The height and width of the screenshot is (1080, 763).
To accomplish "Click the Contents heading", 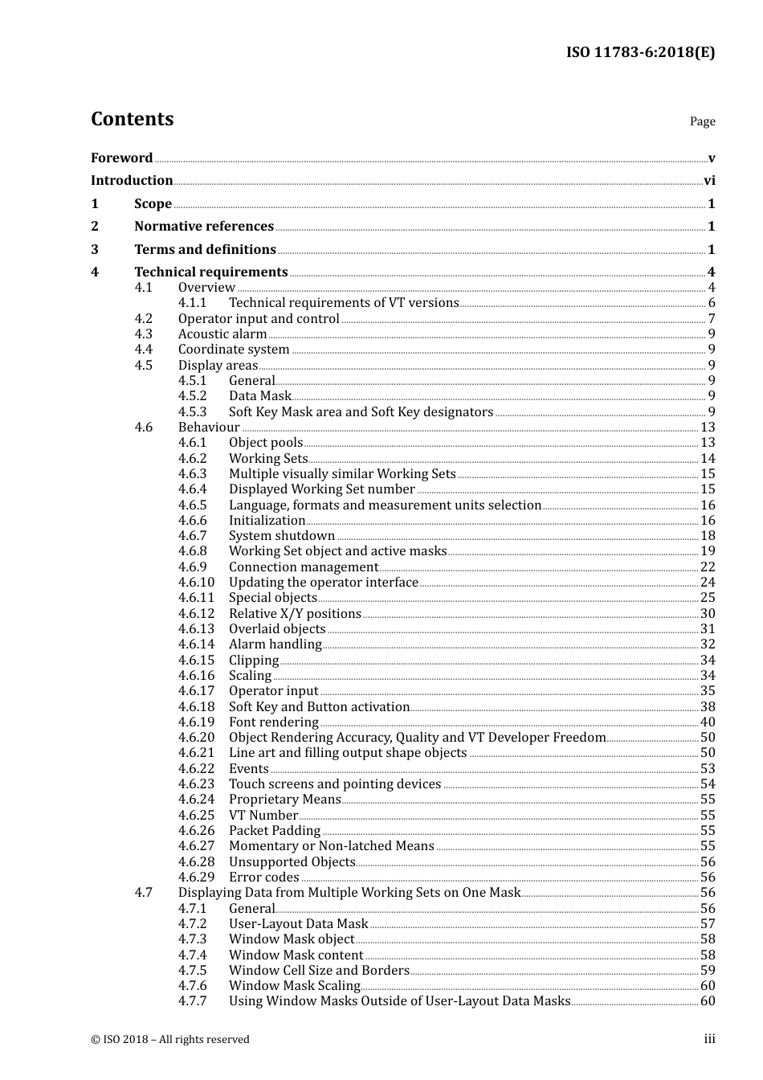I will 132,119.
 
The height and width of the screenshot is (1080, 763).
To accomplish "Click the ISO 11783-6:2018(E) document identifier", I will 640,52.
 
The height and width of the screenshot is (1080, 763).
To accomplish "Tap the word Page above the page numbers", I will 702,121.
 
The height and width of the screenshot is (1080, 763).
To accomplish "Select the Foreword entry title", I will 121,157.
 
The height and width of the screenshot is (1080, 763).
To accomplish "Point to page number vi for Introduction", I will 709,181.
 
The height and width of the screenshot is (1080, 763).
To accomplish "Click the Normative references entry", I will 204,227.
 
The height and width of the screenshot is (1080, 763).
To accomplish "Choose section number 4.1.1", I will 192,303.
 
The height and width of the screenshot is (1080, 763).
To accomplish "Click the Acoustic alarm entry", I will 222,334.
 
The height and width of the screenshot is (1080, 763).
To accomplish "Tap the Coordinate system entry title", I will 234,350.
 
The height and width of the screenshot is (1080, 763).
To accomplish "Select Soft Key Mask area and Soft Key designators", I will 361,412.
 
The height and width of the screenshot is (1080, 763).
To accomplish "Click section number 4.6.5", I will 192,505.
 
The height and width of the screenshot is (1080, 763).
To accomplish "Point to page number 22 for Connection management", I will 708,567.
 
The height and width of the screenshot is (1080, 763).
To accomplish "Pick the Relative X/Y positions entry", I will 295,614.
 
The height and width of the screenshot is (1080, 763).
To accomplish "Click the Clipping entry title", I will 254,661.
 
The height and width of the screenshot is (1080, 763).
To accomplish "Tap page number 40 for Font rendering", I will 708,722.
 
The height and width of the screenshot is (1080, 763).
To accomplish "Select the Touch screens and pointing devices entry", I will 335,784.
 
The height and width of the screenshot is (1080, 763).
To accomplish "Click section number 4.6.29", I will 196,877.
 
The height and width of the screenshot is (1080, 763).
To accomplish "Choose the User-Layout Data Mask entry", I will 298,924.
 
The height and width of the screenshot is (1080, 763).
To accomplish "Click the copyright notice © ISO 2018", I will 169,1040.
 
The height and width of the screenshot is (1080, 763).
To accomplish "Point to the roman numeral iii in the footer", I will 709,1039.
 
